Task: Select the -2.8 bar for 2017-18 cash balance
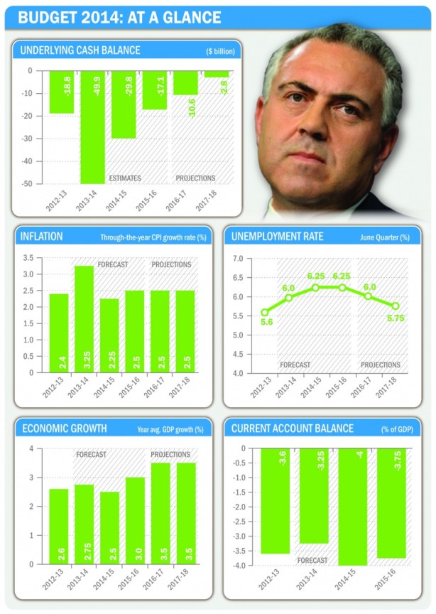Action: (216, 74)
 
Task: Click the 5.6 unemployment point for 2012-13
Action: (264, 312)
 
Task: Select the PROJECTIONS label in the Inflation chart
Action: (171, 264)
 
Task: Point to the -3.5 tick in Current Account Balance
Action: (242, 550)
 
